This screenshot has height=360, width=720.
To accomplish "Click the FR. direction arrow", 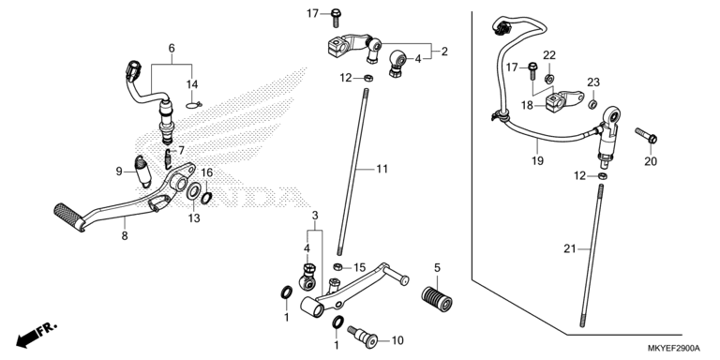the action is (x=37, y=335).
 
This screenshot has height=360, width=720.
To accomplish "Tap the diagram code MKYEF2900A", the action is (x=674, y=348).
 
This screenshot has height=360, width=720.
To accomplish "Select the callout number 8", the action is (x=125, y=236).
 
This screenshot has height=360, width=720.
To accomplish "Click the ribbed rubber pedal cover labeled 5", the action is (x=437, y=298).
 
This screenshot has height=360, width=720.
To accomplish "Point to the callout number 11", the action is (x=382, y=169).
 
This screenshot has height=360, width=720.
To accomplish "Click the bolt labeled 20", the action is (x=646, y=135).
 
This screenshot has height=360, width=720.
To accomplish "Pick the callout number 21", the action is (x=569, y=248).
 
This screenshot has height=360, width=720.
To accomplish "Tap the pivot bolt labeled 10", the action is (x=362, y=335).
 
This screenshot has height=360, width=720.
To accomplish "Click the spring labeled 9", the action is (x=142, y=172).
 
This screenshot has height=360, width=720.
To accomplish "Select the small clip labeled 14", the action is (x=194, y=106).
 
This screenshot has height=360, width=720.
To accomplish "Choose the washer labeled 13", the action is (x=193, y=191).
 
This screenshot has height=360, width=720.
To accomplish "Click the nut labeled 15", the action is (x=337, y=266).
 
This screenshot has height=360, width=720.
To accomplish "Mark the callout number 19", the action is (x=538, y=161).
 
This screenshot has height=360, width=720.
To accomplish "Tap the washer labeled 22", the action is (x=548, y=79).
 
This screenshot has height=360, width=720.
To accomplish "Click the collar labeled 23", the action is (x=592, y=104).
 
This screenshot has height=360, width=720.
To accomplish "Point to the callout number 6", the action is (x=172, y=48).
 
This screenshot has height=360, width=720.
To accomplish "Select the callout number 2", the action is (x=444, y=52).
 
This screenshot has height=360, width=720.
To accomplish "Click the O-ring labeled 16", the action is (x=206, y=198).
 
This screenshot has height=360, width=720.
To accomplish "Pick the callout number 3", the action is (x=315, y=216).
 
